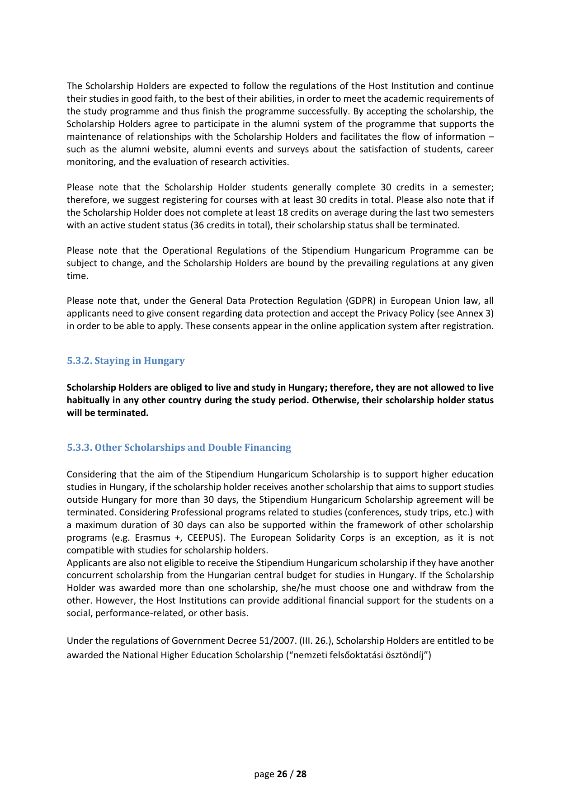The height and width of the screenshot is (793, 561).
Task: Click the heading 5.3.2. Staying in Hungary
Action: pos(126,361)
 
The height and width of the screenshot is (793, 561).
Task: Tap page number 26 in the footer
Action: pos(282,774)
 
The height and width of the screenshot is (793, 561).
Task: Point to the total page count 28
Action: pos(302,774)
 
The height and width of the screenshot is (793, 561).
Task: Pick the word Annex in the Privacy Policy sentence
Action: pos(470,313)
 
